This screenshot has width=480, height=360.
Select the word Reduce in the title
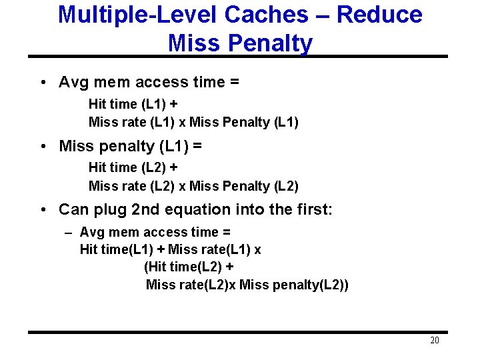[x=379, y=15]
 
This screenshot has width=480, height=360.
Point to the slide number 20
[x=434, y=341]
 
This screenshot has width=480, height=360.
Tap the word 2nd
[x=146, y=209]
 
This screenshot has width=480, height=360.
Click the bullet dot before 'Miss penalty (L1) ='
[x=43, y=146]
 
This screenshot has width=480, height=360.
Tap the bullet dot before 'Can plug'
[x=43, y=210]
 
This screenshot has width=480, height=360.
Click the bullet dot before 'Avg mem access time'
[x=43, y=83]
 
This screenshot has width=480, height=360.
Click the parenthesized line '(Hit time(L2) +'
[x=189, y=267]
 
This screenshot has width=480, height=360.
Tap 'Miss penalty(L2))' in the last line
[x=293, y=285]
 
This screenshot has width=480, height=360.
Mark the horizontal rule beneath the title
[x=240, y=57]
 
